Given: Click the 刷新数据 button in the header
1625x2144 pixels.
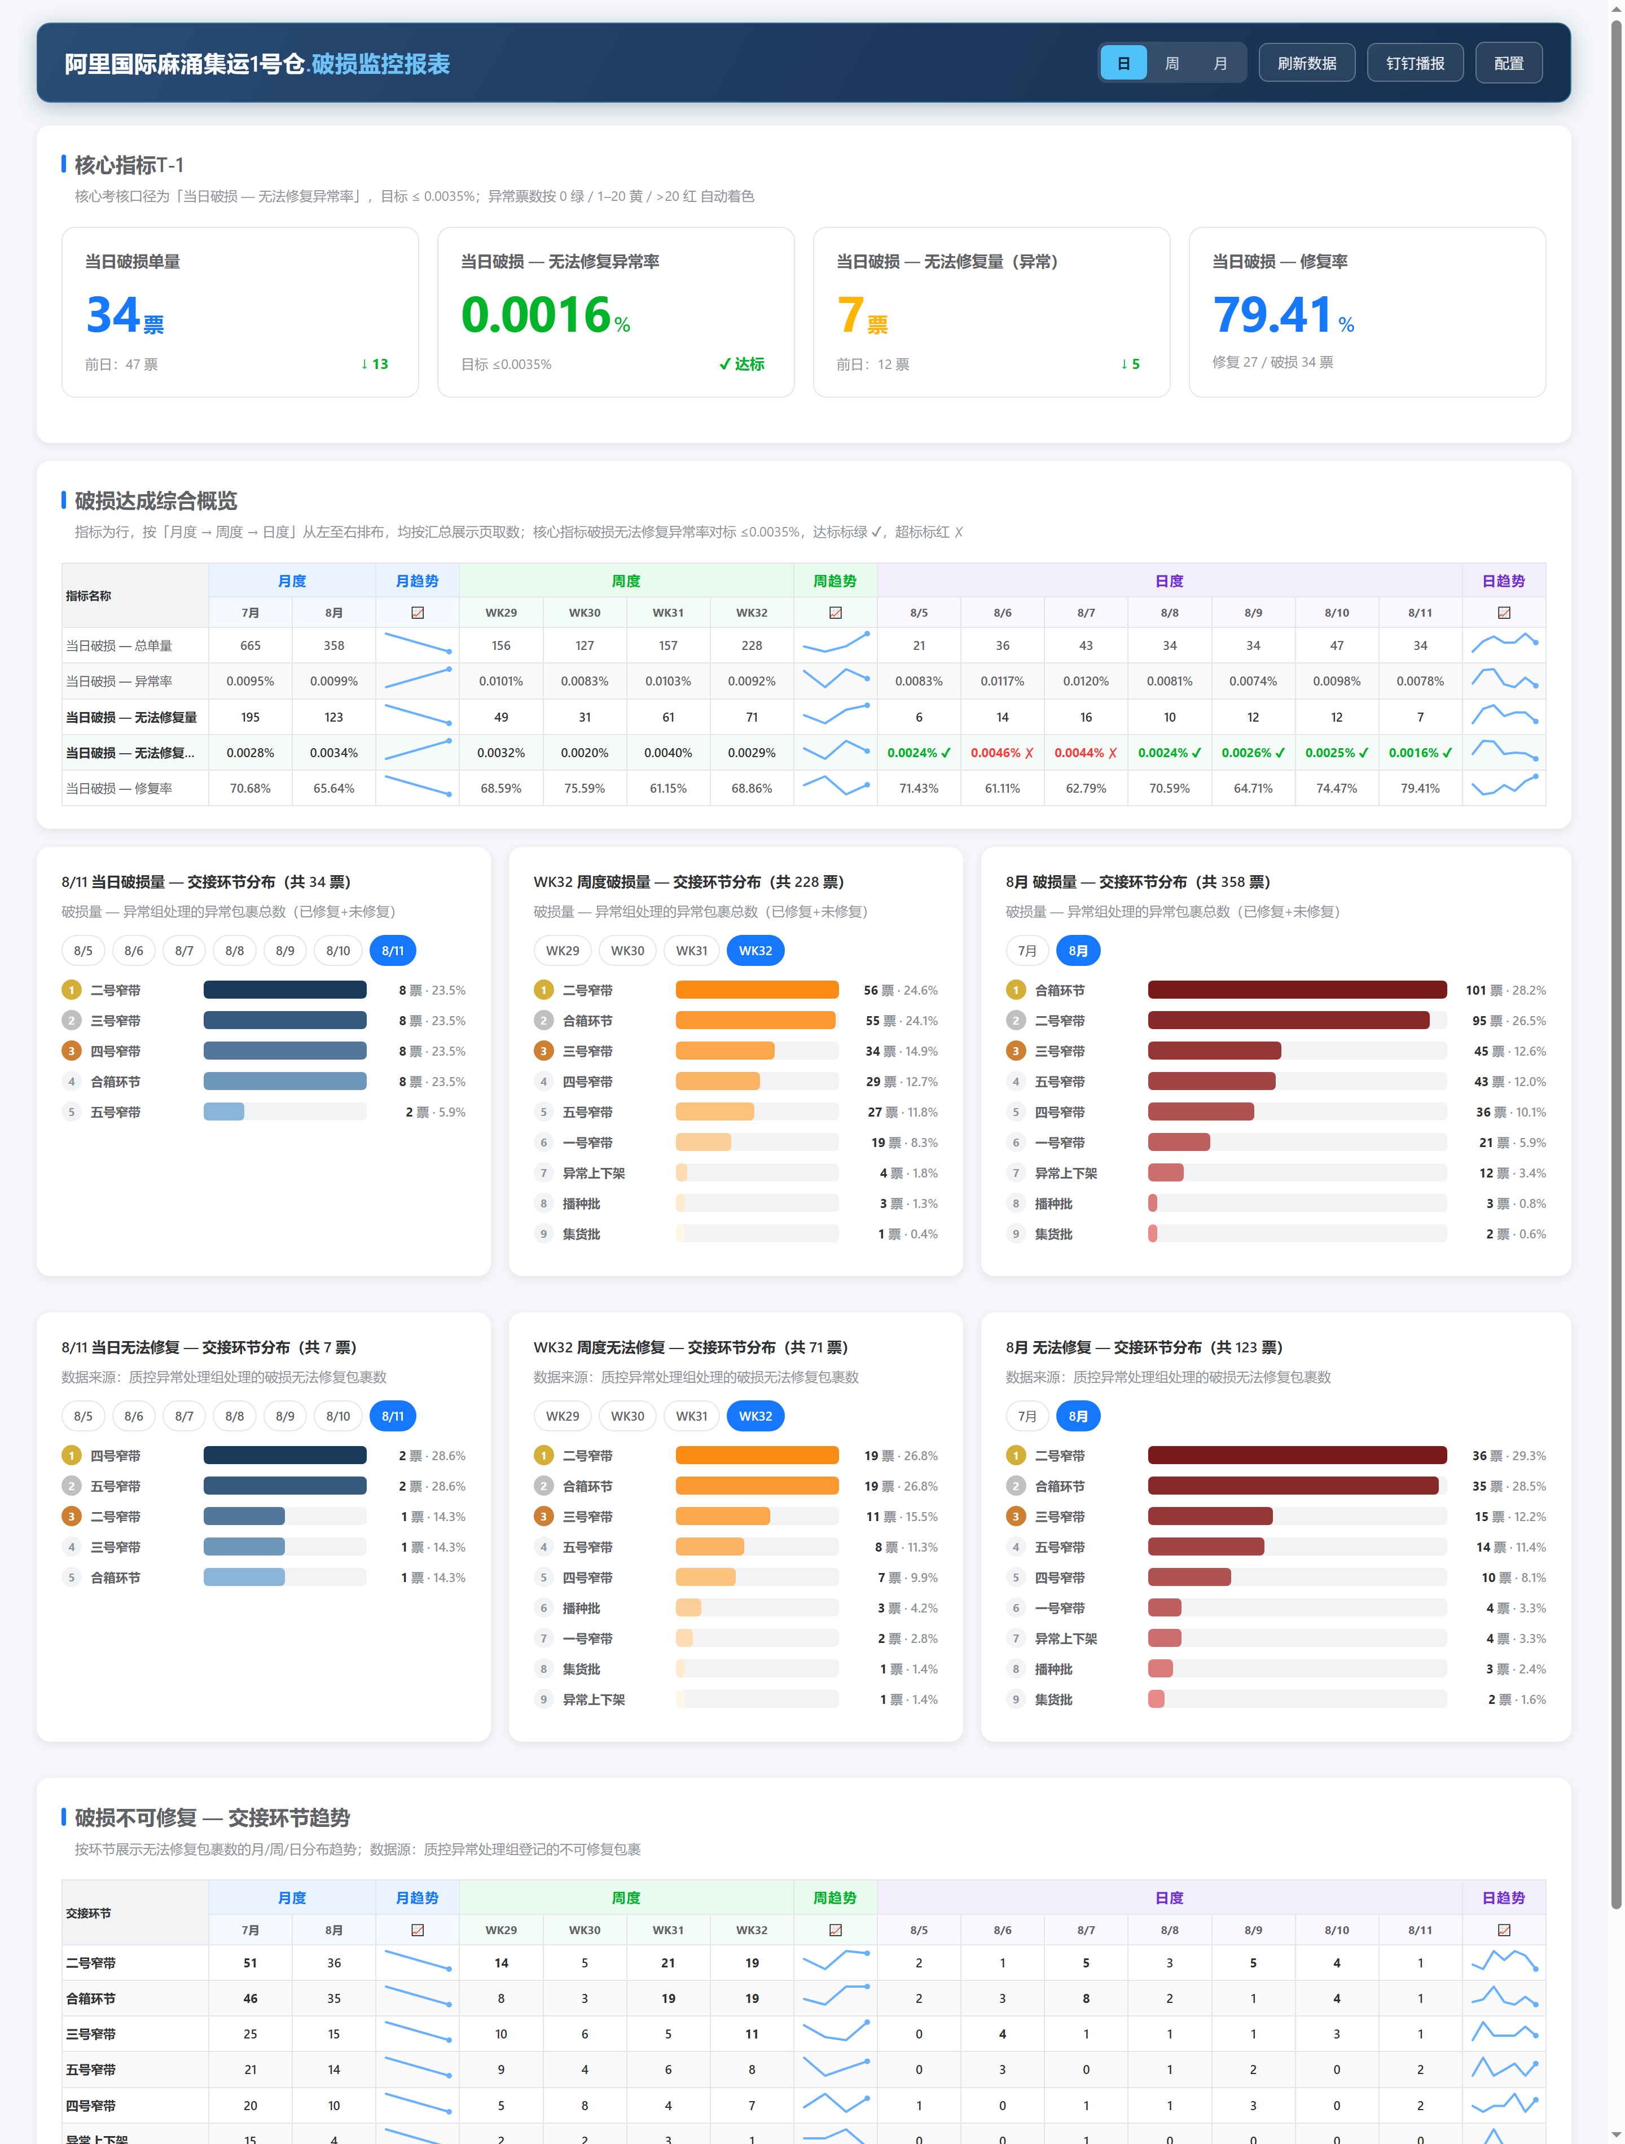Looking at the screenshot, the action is click(x=1306, y=63).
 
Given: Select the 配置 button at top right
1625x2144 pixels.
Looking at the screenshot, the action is click(x=1509, y=63).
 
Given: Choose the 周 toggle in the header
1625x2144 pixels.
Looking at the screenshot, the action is click(x=1171, y=63).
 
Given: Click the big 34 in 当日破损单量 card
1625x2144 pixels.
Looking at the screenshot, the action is click(x=113, y=314).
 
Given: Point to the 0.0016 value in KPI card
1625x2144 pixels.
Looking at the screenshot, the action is click(x=535, y=314).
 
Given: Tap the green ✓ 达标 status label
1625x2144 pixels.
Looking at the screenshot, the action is click(x=742, y=363).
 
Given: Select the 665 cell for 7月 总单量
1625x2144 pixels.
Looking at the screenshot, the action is click(x=250, y=645).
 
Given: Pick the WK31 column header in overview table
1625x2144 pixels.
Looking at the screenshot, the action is click(x=668, y=613).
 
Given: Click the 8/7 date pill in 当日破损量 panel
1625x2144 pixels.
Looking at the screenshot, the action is click(x=184, y=951).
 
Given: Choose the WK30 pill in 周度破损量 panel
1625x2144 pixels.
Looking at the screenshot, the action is click(x=627, y=951).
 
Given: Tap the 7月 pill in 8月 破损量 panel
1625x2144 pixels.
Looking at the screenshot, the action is click(x=1027, y=951).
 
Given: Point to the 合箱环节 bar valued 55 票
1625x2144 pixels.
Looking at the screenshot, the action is click(x=756, y=1021).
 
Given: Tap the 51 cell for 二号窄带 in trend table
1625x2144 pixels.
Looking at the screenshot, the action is click(x=250, y=1963).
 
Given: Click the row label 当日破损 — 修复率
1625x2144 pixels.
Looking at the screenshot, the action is click(x=119, y=788).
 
